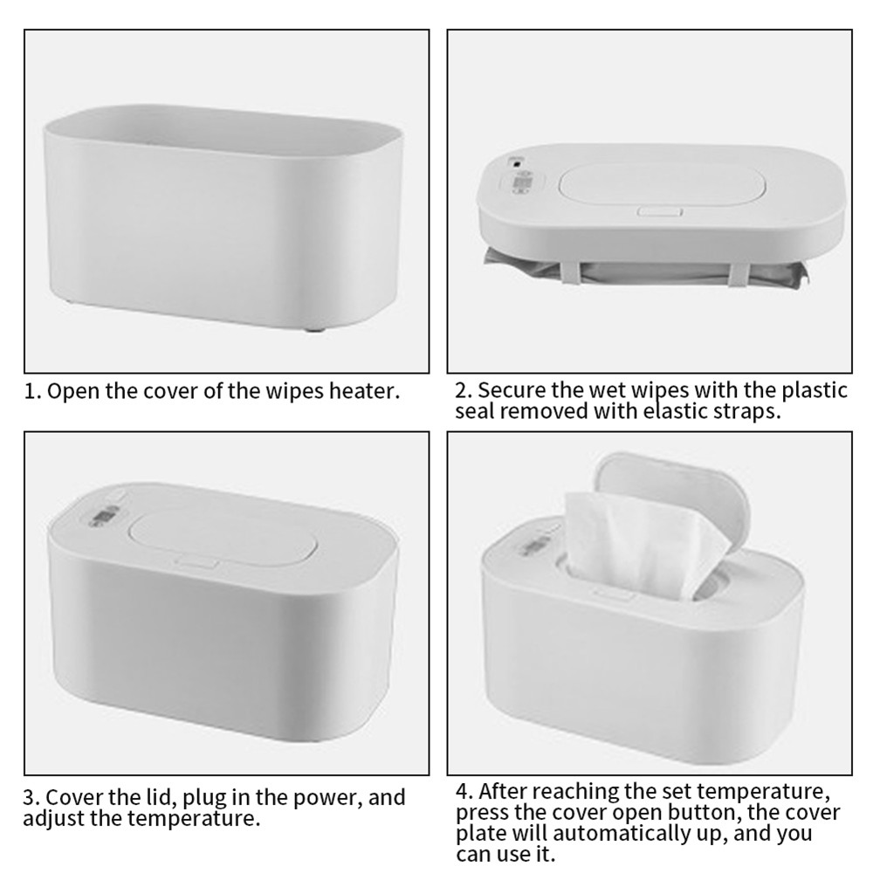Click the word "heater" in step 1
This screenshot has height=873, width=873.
point(364,391)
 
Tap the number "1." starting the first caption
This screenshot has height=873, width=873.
point(33,391)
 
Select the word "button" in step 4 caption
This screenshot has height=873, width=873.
point(703,812)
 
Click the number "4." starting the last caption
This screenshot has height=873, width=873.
point(465,792)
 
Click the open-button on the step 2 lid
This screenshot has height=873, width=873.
point(660,211)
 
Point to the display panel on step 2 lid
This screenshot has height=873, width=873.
point(522,182)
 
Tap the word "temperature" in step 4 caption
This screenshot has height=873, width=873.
point(761,792)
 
